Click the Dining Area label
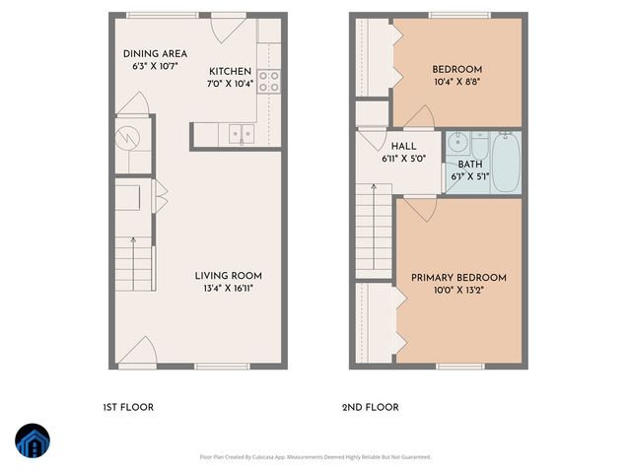(155, 53)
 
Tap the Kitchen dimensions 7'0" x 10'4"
(231, 84)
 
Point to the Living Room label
(228, 275)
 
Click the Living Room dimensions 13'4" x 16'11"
(228, 288)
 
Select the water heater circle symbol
(128, 136)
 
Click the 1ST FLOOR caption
(128, 407)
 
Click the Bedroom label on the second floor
(457, 69)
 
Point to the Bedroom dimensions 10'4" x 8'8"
(457, 82)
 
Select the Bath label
(469, 165)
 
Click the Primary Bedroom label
(458, 278)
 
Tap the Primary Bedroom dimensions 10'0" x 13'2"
(458, 291)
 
